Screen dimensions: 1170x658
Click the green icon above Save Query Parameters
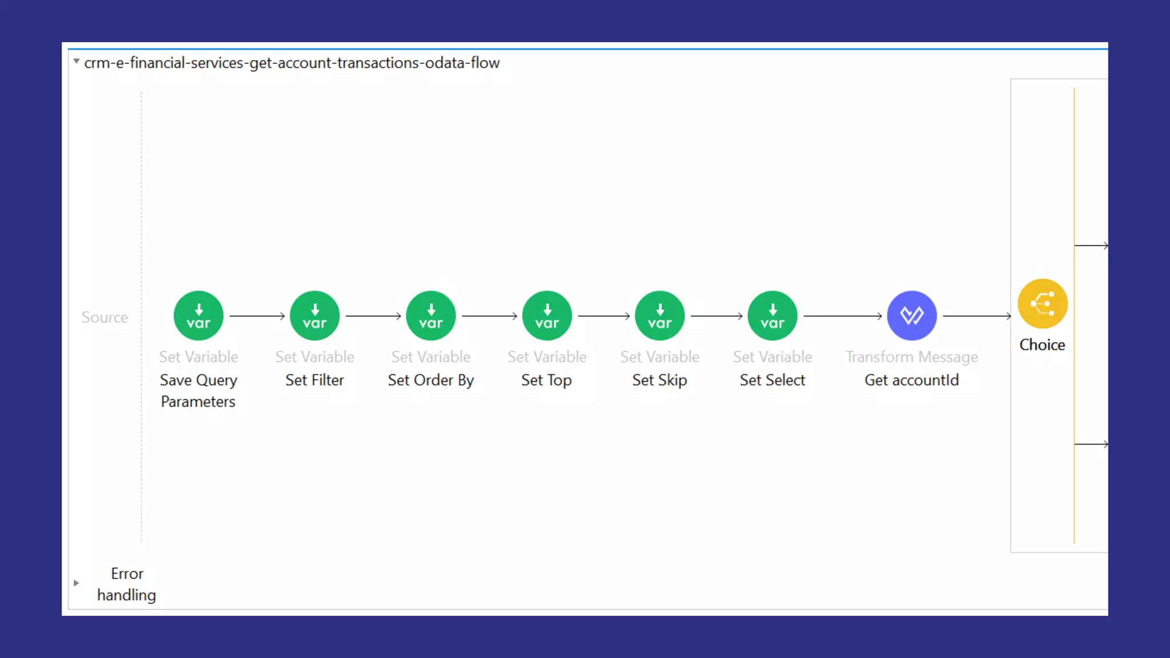point(198,316)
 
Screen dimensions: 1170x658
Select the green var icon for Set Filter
point(315,316)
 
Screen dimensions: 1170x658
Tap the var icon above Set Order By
point(431,316)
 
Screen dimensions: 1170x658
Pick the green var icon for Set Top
point(547,316)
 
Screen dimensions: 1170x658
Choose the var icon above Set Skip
point(660,316)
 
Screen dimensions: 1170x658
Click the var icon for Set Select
point(772,316)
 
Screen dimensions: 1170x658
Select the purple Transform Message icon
point(912,316)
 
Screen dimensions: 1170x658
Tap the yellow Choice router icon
point(1043,303)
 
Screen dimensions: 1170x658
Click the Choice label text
point(1042,345)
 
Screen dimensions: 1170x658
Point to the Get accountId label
point(912,380)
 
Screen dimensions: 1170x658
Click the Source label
point(105,318)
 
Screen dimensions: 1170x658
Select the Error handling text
point(126,584)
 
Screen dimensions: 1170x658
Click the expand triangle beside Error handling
point(77,583)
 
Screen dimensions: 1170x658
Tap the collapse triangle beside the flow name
point(76,61)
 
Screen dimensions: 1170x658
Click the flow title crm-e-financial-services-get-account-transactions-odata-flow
point(292,63)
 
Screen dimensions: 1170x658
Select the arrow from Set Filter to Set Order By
point(373,316)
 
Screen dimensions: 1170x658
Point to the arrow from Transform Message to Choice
point(977,316)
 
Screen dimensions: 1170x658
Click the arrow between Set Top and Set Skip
point(604,316)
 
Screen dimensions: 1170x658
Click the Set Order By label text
point(431,380)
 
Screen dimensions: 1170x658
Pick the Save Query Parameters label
point(198,391)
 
